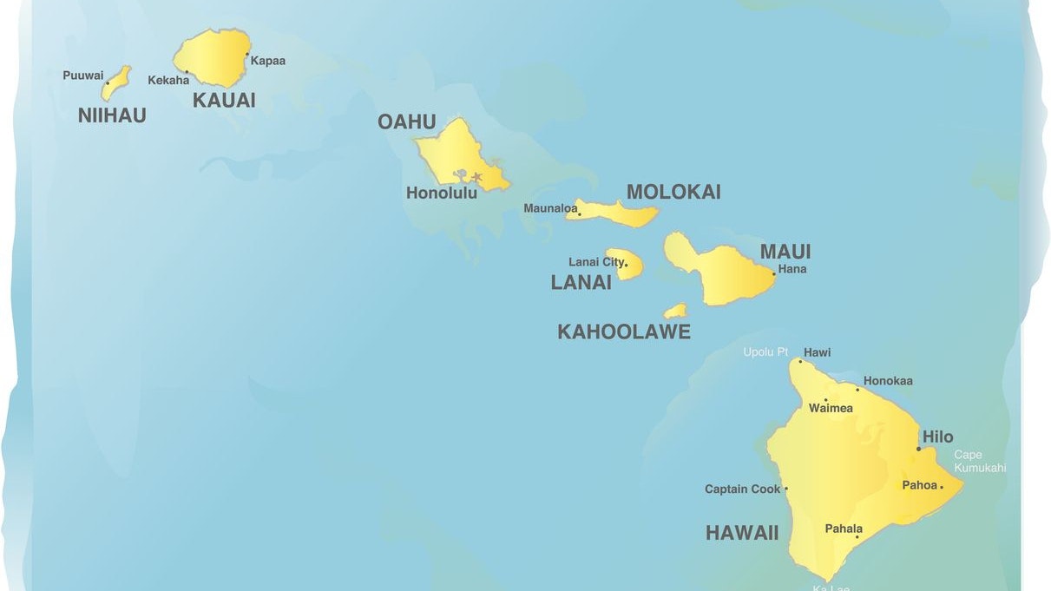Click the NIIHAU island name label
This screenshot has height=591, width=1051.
[x=112, y=115]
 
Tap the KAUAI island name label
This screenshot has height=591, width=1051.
[x=224, y=100]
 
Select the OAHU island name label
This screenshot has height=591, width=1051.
[x=406, y=121]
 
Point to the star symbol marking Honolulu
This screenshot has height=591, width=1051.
[x=476, y=177]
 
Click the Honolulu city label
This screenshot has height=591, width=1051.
[x=442, y=194]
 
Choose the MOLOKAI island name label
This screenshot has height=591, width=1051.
[x=673, y=192]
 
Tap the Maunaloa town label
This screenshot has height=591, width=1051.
[x=550, y=208]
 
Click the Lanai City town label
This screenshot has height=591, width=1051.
[x=595, y=262]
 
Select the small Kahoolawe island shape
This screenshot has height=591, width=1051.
[x=675, y=311]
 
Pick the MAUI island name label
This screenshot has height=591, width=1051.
[x=785, y=252]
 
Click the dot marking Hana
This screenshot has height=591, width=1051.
[x=774, y=274]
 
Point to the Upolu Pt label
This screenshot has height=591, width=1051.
[x=765, y=352]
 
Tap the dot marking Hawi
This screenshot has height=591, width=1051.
[x=800, y=361]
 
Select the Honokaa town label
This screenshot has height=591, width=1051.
[x=888, y=381]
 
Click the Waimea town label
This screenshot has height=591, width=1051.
[x=831, y=408]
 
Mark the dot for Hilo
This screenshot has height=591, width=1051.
[x=919, y=449]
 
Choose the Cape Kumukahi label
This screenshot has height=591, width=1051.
[x=980, y=461]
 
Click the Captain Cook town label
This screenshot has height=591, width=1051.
[x=742, y=489]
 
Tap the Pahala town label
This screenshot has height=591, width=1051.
[x=844, y=529]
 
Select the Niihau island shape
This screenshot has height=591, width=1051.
[x=115, y=83]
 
